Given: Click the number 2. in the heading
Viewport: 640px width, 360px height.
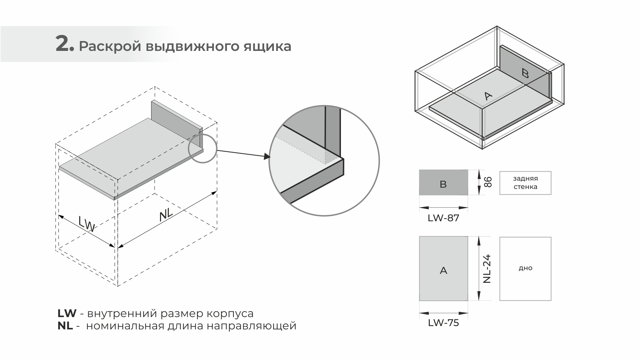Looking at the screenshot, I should pos(65,44).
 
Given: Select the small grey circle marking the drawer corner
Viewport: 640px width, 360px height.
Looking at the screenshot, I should pos(203,148).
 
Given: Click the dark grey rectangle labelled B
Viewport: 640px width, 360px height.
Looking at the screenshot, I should pos(443,183).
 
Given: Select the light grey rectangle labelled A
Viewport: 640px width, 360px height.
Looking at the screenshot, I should pos(443,269).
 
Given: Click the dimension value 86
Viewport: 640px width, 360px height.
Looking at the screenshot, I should pos(488,182).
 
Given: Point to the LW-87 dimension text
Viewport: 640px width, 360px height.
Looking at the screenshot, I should pos(443,218).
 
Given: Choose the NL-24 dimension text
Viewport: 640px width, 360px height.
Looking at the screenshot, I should pos(487,269).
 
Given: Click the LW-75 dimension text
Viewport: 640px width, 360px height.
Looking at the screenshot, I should pos(443,323).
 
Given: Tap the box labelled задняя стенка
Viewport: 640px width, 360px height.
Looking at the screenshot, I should pos(525,183).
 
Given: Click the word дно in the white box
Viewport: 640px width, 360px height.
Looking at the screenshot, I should pos(525,268).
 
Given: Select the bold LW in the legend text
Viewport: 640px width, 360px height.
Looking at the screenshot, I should pos(67,313).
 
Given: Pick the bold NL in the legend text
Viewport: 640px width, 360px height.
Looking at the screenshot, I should pos(65,326).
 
